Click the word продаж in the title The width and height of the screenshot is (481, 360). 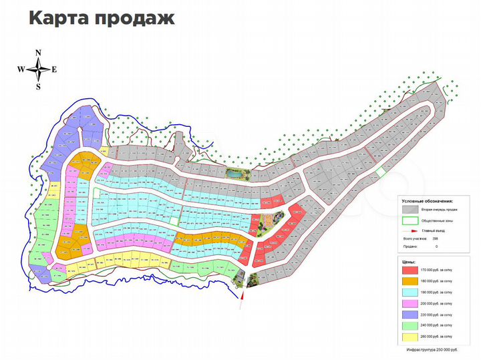(133, 19)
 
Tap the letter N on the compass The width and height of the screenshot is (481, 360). (39, 53)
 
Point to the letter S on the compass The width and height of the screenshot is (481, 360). (39, 86)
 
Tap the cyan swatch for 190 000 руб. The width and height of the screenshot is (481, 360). (410, 293)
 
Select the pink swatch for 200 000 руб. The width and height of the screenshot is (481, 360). (410, 304)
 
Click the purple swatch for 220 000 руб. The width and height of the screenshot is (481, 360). (410, 315)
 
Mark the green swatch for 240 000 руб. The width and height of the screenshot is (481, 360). (410, 326)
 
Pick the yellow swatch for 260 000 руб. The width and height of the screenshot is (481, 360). (410, 337)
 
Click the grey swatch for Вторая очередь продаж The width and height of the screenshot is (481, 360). (410, 208)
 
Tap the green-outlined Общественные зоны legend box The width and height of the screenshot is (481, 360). (410, 220)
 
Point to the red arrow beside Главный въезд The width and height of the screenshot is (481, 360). (410, 230)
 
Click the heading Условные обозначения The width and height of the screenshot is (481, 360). (428, 200)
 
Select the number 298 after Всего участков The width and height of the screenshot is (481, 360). (434, 238)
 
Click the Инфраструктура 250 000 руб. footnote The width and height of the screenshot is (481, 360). (432, 349)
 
